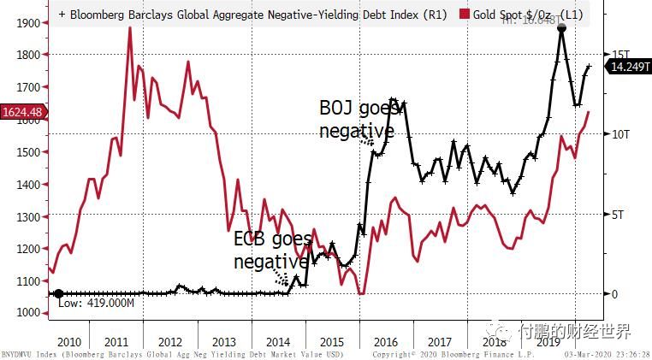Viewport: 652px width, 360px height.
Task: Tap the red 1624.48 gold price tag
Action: click(x=21, y=110)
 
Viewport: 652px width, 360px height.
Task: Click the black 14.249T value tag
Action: click(x=628, y=67)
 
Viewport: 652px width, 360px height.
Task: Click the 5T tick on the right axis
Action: click(x=617, y=215)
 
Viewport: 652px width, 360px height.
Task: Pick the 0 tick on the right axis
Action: click(x=613, y=294)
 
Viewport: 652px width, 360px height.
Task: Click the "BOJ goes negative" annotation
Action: click(x=357, y=119)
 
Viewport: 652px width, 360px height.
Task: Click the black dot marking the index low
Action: click(x=58, y=294)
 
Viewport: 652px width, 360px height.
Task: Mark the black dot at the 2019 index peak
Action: click(x=561, y=28)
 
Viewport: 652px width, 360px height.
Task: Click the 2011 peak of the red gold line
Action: click(x=129, y=28)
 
